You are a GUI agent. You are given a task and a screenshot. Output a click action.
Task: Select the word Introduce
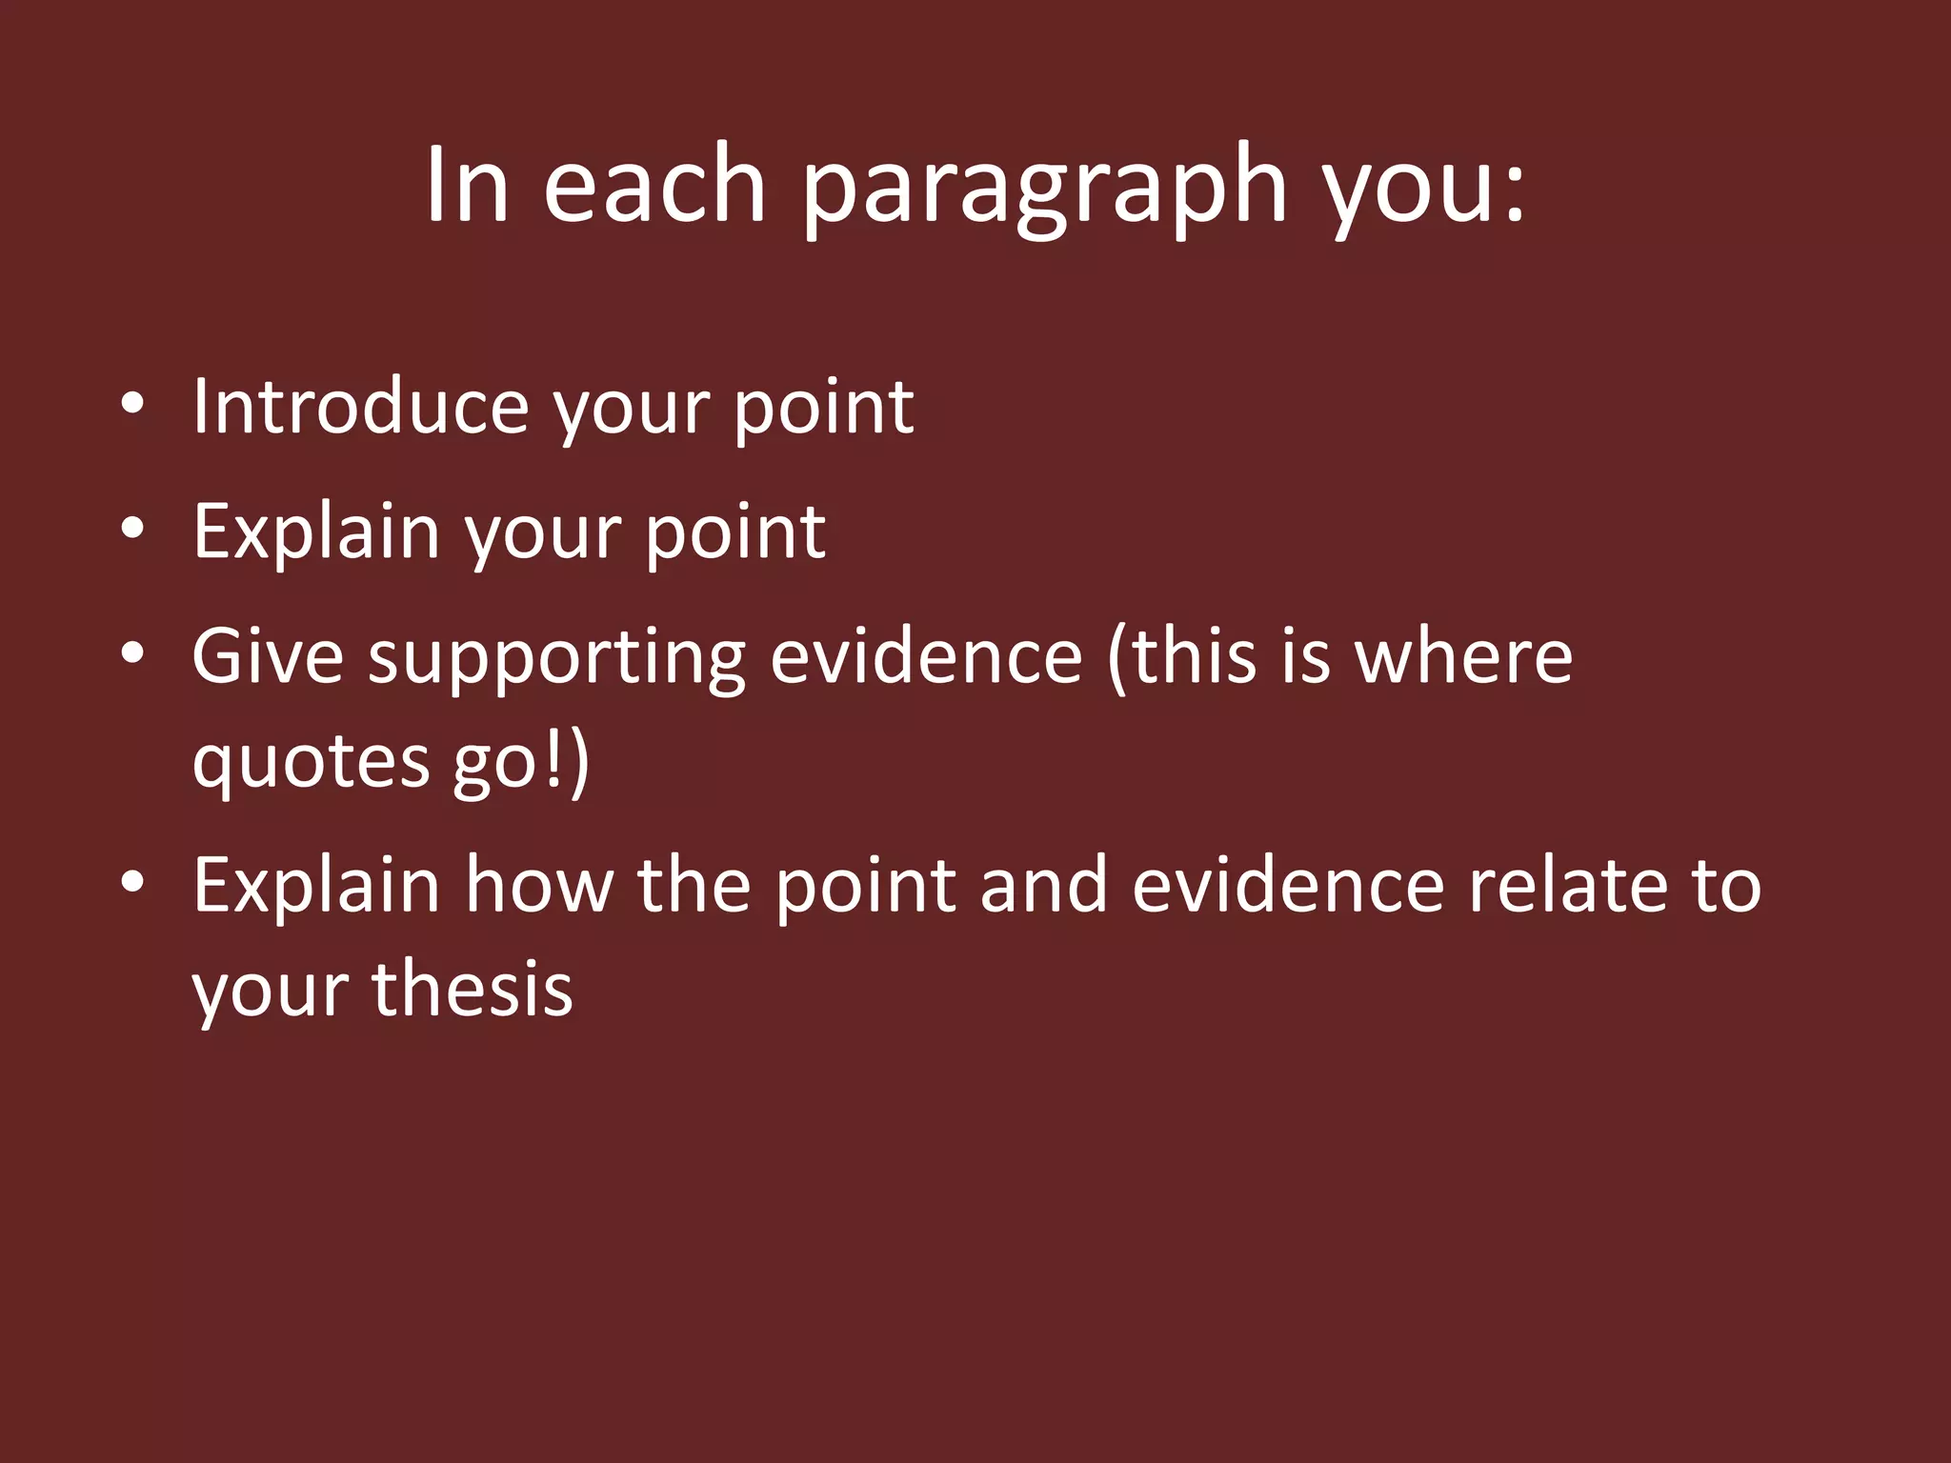[x=360, y=407]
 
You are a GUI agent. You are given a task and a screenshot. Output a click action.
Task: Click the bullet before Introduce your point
[x=132, y=405]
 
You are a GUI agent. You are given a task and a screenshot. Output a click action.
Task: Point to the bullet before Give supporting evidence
[x=132, y=653]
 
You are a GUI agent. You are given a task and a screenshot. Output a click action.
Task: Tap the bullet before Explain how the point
[x=132, y=883]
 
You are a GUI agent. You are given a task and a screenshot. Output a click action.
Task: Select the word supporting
[x=557, y=659]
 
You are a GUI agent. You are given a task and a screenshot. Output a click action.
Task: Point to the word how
[x=538, y=885]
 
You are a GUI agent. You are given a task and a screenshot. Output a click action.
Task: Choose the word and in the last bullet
[x=1043, y=885]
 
